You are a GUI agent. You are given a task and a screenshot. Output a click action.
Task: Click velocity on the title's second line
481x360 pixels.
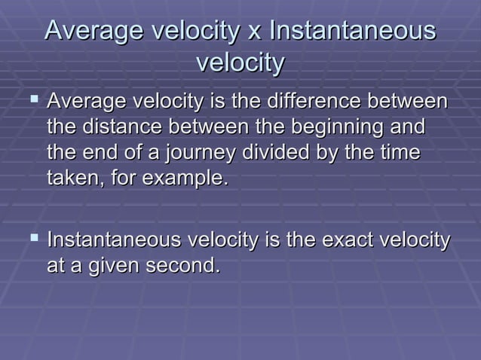point(240,64)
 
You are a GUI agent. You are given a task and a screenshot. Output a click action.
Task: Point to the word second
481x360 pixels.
point(184,267)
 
